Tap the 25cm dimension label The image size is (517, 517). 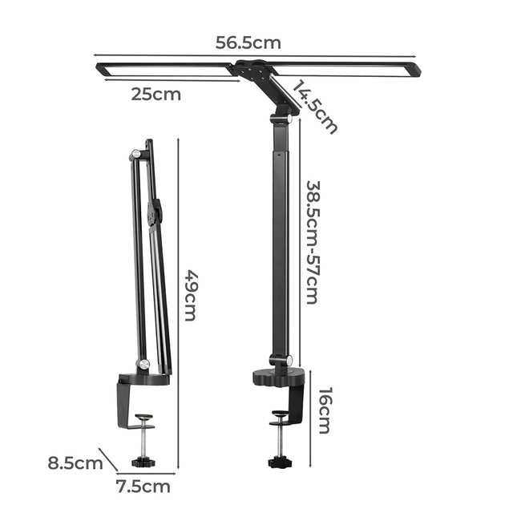click(x=156, y=95)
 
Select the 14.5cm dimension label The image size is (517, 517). click(x=316, y=106)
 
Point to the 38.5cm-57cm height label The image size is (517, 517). click(x=313, y=241)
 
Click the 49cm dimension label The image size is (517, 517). click(x=191, y=294)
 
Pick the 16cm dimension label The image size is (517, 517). click(x=325, y=410)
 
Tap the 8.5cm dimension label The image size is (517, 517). click(x=75, y=462)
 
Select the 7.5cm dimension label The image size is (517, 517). click(x=143, y=486)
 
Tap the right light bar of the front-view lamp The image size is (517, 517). click(x=353, y=69)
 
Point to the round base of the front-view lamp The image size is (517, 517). click(x=279, y=377)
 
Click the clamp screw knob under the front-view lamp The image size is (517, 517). click(x=278, y=462)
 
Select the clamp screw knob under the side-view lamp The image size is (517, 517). click(x=143, y=462)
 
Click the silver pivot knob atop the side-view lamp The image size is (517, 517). click(x=135, y=153)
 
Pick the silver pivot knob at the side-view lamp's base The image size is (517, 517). click(x=143, y=366)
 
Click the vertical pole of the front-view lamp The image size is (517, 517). click(x=280, y=240)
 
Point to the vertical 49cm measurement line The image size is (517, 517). click(x=177, y=305)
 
